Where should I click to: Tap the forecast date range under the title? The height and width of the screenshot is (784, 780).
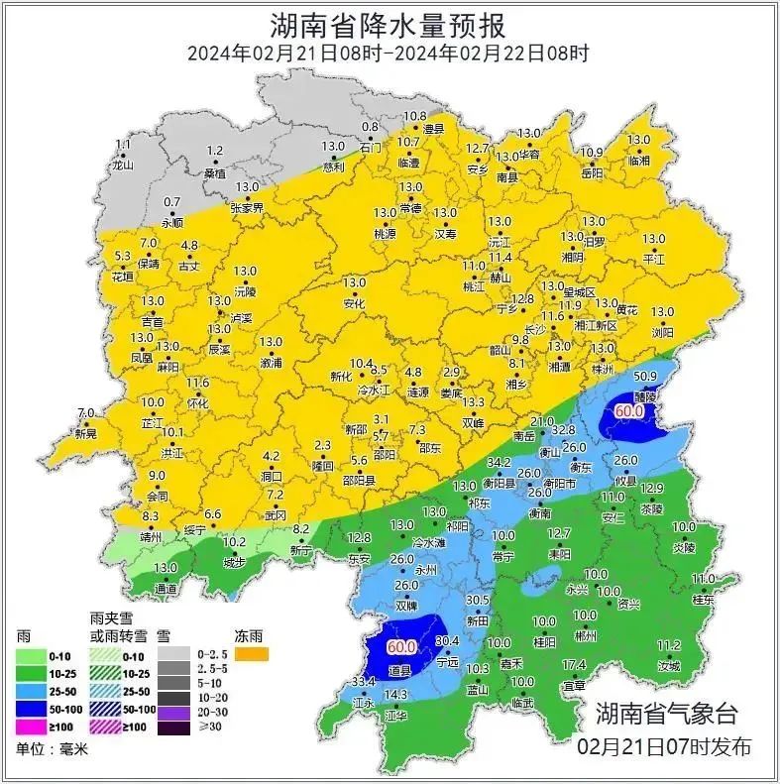(x=389, y=54)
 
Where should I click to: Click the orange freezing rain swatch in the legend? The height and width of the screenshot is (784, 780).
(x=253, y=655)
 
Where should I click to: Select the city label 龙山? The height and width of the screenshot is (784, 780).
(x=122, y=166)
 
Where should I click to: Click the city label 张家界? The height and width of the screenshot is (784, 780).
(x=247, y=208)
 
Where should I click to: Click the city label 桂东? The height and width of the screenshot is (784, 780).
(x=703, y=599)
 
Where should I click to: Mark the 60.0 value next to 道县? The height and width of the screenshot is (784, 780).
(x=401, y=646)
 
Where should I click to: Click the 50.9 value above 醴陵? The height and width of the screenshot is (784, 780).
(x=646, y=376)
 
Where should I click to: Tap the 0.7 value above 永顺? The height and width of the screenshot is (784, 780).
(x=171, y=202)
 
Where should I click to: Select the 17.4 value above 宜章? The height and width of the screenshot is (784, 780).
(x=574, y=664)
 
